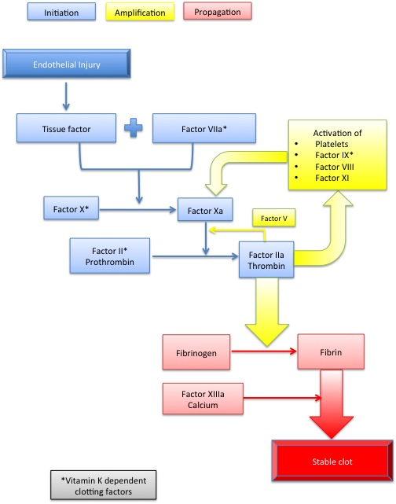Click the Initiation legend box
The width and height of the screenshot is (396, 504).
pos(61,12)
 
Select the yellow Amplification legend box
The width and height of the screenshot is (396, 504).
pos(140,12)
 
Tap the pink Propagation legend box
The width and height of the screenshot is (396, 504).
pos(218,11)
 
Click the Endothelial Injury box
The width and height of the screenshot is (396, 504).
pos(67,64)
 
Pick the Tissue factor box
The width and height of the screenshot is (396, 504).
pos(67,128)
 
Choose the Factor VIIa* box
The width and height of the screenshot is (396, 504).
pos(204,128)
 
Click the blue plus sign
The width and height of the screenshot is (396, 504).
pos(134,127)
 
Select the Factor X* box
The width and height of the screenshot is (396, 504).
pos(71,208)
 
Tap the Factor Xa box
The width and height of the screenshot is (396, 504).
pos(205,210)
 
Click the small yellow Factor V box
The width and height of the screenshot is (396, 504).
pos(274,218)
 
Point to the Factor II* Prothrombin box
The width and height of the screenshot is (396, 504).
pos(110,256)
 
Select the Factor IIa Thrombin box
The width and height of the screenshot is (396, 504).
pos(266,259)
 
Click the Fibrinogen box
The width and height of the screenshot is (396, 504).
pos(196,352)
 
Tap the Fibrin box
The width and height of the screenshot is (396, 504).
pos(331,351)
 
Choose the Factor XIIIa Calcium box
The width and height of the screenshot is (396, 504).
pos(203,399)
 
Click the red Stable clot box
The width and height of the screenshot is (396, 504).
pos(332,461)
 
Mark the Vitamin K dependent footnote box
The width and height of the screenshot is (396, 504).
pos(104,485)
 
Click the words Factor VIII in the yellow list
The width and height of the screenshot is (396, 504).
pos(335,167)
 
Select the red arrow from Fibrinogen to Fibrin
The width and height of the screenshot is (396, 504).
pos(264,351)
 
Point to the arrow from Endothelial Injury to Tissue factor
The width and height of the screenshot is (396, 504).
pos(66,97)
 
